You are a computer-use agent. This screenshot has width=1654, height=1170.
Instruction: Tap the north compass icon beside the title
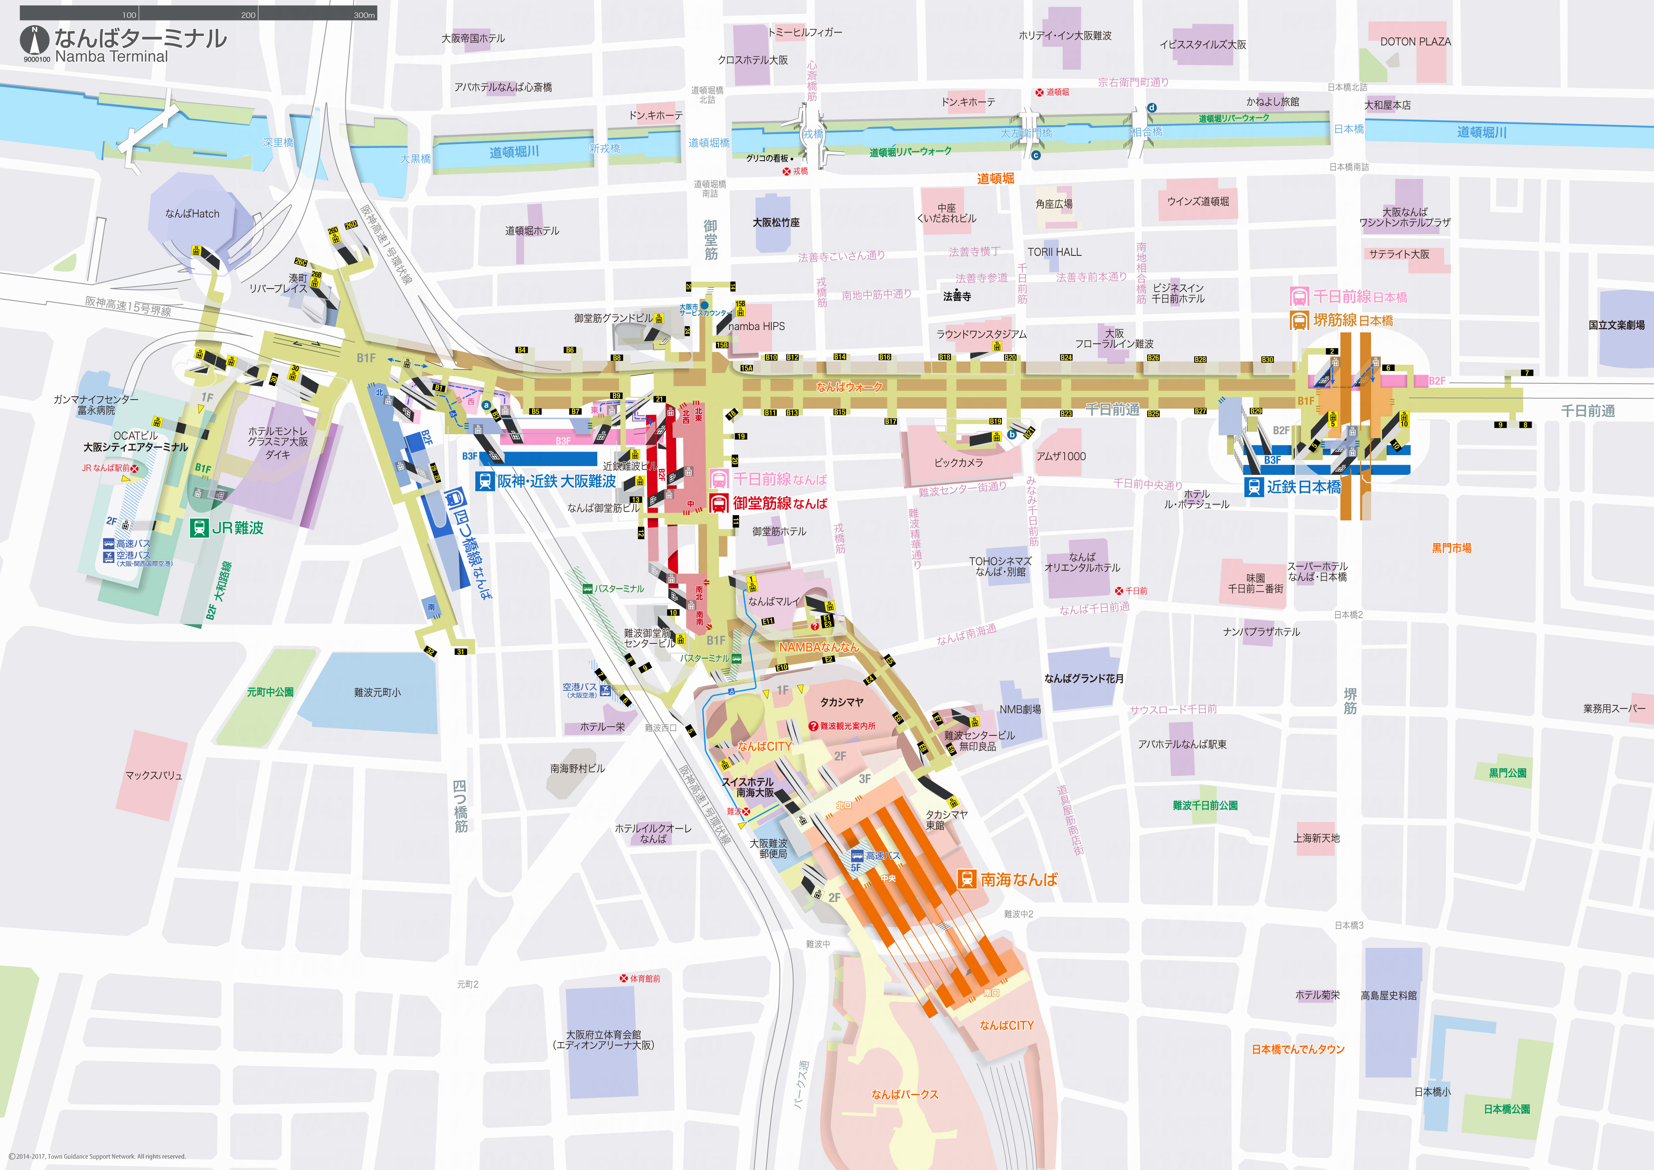tap(35, 39)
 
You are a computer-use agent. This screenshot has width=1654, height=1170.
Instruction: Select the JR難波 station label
tap(238, 528)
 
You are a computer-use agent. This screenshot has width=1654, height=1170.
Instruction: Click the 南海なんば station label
tap(1018, 879)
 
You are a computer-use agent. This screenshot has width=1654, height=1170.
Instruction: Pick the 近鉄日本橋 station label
tap(1304, 487)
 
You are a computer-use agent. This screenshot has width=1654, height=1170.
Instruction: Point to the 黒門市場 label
tap(1451, 548)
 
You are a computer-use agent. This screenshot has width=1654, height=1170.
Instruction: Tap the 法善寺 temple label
tap(956, 296)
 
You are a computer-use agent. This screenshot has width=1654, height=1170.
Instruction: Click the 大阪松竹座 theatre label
tap(776, 223)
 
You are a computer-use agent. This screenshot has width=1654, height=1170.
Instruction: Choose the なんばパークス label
tap(905, 1094)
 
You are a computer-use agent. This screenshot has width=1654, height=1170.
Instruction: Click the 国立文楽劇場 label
tap(1616, 325)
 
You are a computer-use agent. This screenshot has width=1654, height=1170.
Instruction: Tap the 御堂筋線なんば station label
tap(780, 504)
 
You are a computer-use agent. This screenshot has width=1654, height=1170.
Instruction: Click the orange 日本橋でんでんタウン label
tap(1298, 1050)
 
